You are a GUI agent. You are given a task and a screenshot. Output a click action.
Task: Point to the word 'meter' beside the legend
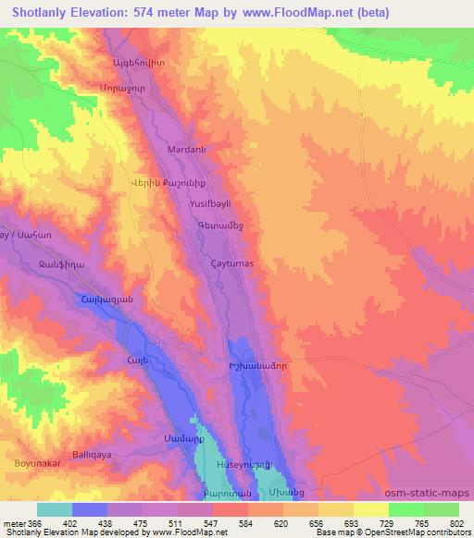pyautogui.click(x=13, y=522)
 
